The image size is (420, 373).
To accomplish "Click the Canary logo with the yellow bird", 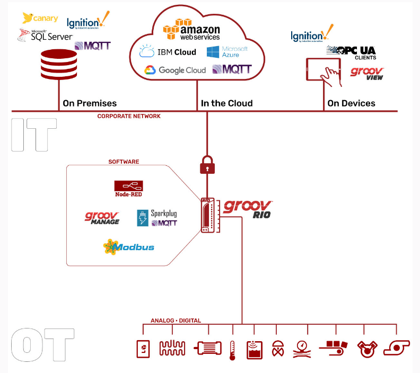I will (39, 19).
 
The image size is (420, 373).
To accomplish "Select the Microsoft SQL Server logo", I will (45, 35).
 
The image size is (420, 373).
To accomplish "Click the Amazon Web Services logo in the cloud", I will (191, 29).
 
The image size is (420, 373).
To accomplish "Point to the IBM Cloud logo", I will (168, 52).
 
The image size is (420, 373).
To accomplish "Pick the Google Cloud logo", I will (174, 70).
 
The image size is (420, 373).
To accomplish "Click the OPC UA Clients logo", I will (351, 51).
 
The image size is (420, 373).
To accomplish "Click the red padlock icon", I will (207, 166).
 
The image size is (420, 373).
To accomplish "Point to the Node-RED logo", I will (128, 188).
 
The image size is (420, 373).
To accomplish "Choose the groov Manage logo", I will (102, 218).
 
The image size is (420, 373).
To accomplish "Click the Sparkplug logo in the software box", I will (157, 217).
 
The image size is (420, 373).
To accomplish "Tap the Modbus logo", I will (129, 247).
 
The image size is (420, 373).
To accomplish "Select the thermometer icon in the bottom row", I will (232, 350).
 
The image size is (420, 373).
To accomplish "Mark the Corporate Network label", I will (129, 116).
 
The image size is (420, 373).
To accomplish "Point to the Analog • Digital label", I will (176, 321).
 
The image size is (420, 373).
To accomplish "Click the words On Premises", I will (90, 103).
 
